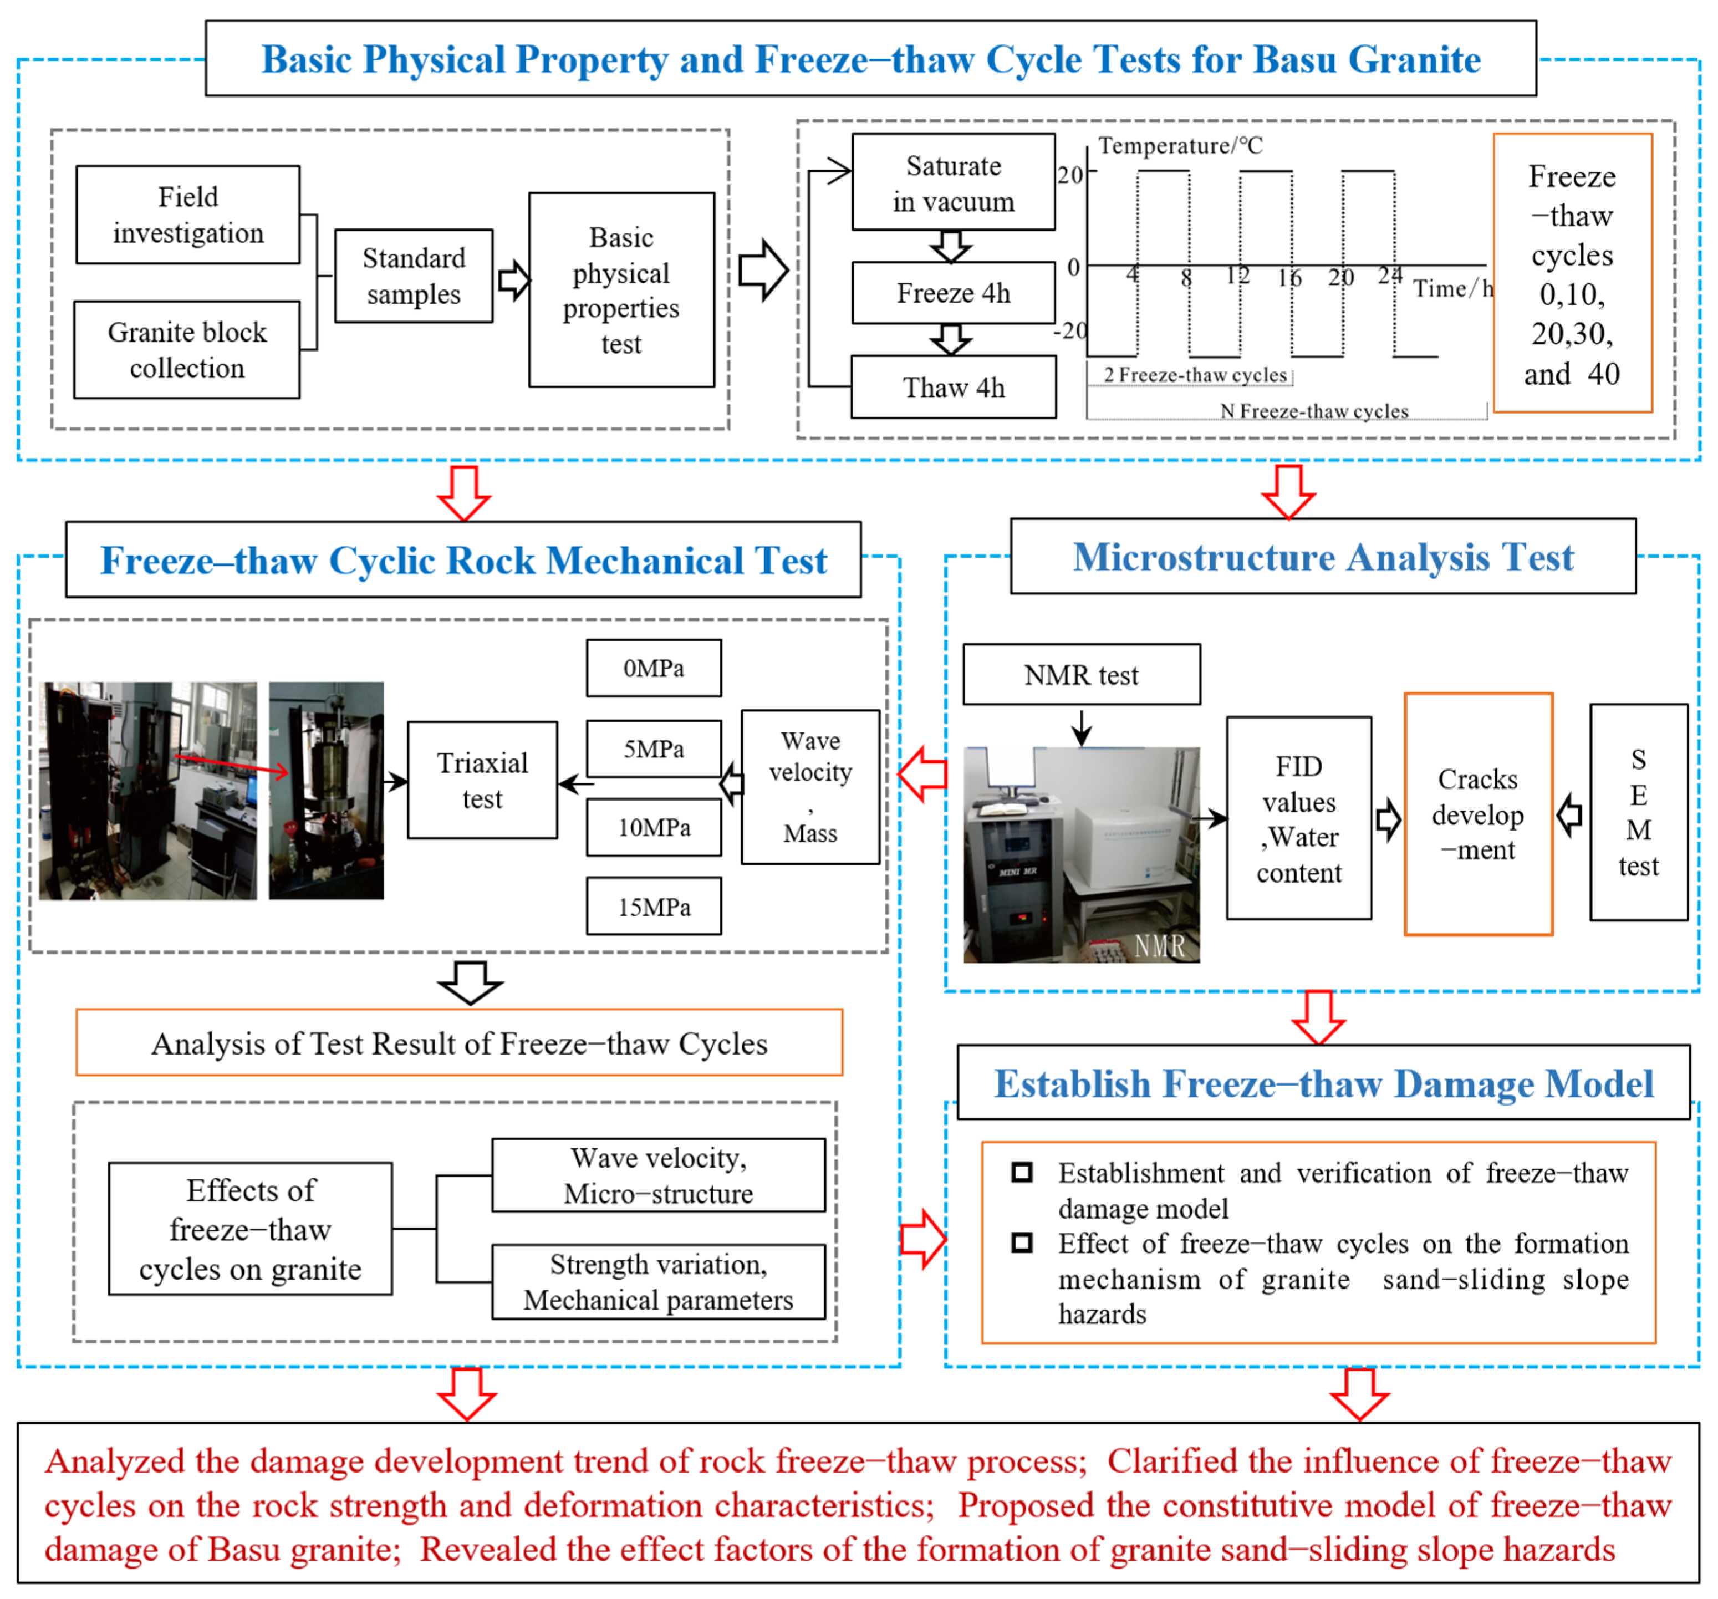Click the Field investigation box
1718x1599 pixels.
(x=187, y=215)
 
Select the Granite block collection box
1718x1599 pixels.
(x=187, y=350)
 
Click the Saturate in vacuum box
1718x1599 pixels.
(x=953, y=182)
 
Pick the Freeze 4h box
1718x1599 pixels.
(x=953, y=293)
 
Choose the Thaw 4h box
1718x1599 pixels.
(x=953, y=387)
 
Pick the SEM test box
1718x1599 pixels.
(x=1639, y=812)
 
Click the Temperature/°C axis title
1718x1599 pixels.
(x=1180, y=146)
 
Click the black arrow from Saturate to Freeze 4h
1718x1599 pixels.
(x=951, y=246)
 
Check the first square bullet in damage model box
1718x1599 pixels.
(x=1022, y=1173)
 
